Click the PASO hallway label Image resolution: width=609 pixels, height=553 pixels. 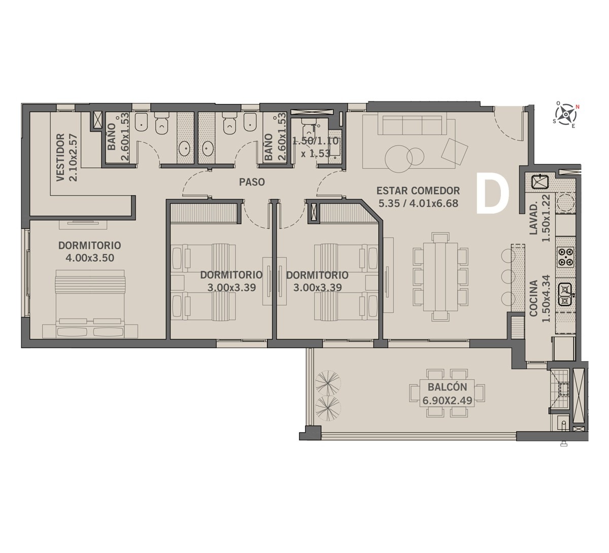(x=252, y=182)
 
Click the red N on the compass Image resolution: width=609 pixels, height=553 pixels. (x=578, y=107)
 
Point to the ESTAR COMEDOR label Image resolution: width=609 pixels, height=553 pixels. (x=418, y=191)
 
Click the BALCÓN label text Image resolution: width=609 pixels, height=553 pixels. (x=447, y=387)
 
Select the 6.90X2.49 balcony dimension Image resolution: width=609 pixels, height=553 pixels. (x=447, y=401)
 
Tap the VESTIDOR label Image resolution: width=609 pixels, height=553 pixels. (x=60, y=157)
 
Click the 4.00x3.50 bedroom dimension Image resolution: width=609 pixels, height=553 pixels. (x=90, y=258)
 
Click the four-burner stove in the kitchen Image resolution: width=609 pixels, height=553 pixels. (x=565, y=256)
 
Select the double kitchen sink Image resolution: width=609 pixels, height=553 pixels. (x=565, y=294)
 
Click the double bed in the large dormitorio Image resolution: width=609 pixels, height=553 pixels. (x=90, y=303)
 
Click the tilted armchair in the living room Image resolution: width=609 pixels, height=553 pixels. (x=455, y=152)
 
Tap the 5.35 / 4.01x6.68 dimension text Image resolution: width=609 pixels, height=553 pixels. (x=418, y=203)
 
